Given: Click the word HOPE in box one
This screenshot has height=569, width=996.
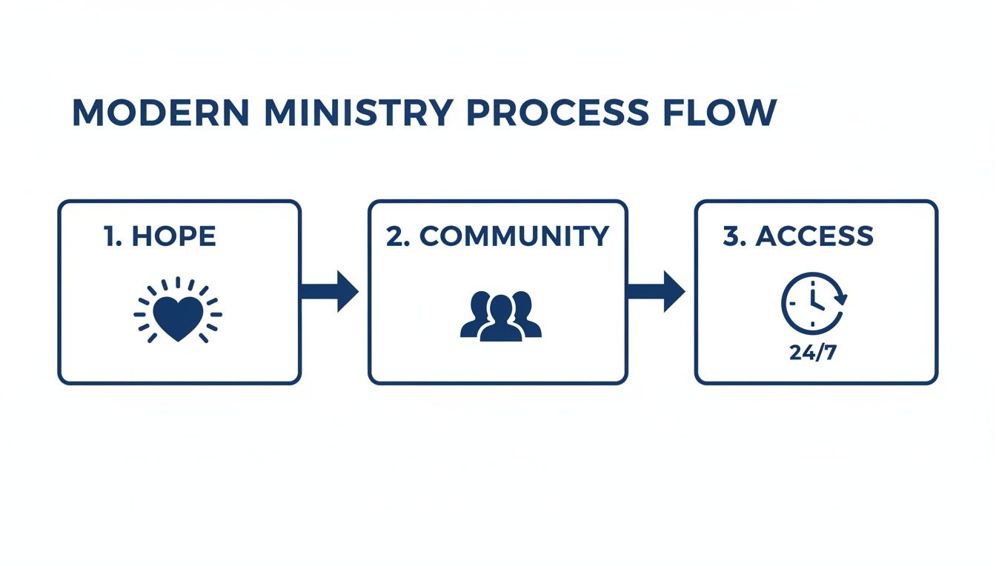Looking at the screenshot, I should click(173, 236).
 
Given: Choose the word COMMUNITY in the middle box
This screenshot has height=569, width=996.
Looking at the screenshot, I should click(514, 236).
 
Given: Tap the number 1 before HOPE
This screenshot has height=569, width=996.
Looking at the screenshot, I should click(110, 236).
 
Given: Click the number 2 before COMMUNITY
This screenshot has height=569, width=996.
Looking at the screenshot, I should click(396, 236).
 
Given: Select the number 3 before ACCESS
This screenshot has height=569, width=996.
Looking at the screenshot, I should click(731, 236).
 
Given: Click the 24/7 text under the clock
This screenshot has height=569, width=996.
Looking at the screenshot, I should click(813, 353).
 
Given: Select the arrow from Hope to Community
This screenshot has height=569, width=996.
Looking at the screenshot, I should click(330, 291).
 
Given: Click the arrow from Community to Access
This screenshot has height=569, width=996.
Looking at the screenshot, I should click(656, 291).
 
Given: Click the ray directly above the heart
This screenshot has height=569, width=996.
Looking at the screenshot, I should click(177, 284).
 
